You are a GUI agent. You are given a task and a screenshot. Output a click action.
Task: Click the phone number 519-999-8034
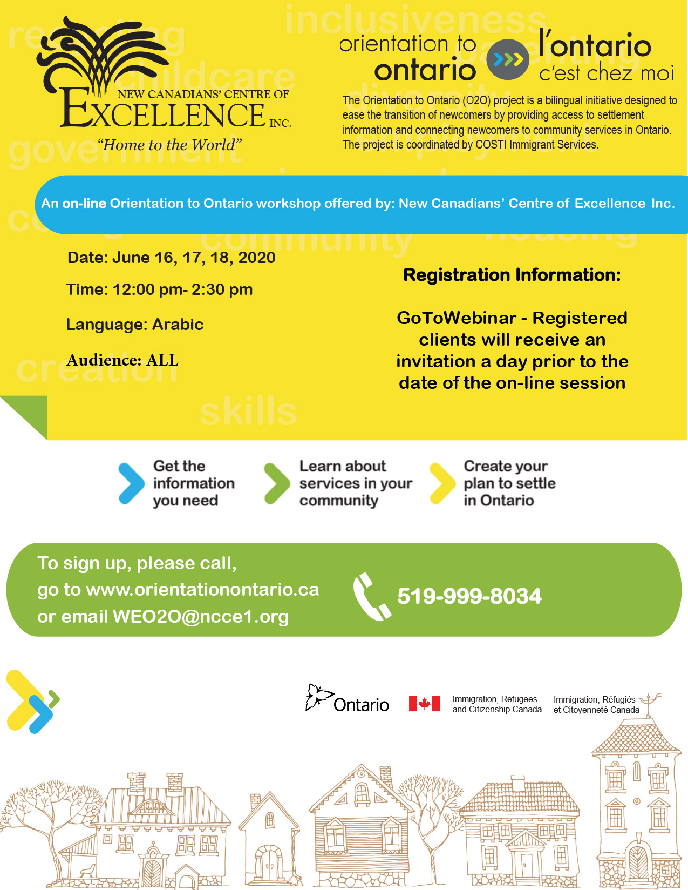(469, 596)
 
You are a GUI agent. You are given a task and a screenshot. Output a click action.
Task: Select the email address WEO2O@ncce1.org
(200, 617)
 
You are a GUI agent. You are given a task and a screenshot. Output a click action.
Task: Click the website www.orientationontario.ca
(202, 590)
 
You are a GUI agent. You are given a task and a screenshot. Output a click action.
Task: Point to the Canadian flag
(424, 704)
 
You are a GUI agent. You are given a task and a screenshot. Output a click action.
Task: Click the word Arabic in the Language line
(178, 325)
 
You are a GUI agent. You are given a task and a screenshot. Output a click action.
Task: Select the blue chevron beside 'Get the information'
(131, 483)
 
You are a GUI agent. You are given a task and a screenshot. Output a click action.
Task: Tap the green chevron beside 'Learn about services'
(277, 483)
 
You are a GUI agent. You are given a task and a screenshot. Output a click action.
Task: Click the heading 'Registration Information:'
(512, 275)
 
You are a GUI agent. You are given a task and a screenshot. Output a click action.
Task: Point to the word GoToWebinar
(457, 318)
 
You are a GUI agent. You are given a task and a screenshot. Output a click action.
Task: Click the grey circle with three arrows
(507, 59)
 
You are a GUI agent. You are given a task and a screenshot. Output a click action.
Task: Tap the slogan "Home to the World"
(169, 145)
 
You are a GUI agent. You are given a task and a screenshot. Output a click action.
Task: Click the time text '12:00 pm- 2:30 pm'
(182, 290)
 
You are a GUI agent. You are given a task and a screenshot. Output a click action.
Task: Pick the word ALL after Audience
(162, 360)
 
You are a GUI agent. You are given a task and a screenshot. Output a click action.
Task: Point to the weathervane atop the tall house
(651, 700)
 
